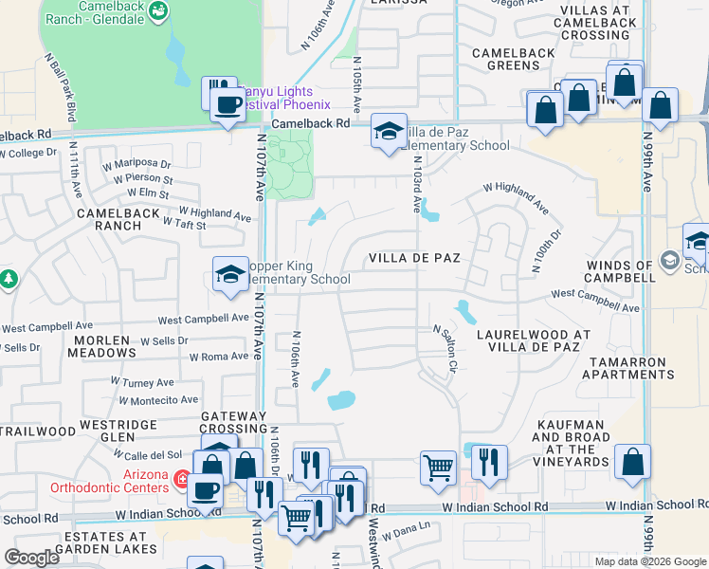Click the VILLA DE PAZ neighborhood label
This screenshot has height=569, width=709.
click(x=414, y=258)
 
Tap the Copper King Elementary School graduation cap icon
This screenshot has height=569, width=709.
click(x=229, y=275)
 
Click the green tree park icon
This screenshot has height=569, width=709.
click(x=9, y=279)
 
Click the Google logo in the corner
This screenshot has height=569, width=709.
click(x=31, y=558)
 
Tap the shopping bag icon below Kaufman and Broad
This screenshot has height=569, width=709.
click(x=632, y=462)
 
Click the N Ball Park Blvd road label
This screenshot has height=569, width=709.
click(x=60, y=87)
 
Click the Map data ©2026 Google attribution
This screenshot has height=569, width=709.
click(x=650, y=561)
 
